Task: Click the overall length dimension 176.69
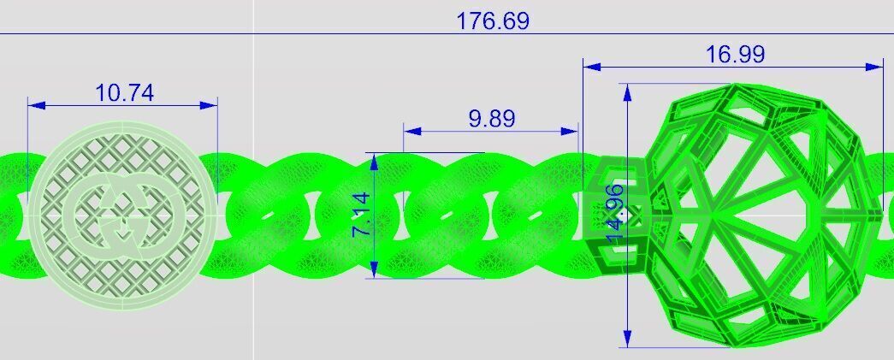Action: click(492, 21)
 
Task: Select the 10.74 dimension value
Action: click(125, 92)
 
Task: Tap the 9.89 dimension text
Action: click(492, 119)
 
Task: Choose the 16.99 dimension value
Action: click(735, 55)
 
